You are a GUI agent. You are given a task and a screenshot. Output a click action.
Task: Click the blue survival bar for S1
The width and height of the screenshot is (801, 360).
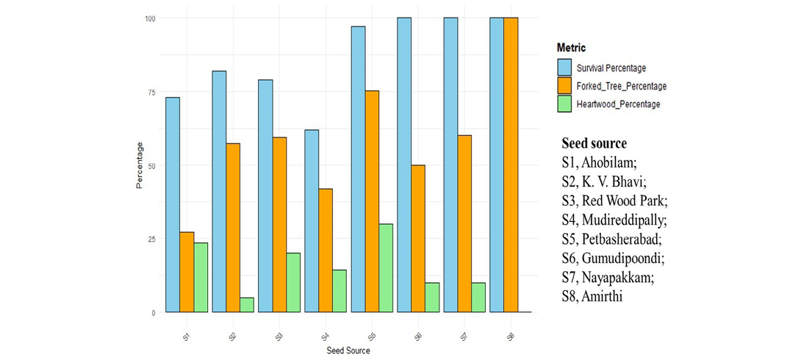click(x=173, y=205)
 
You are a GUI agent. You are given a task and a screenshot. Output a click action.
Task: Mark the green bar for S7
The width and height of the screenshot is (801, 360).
click(x=478, y=298)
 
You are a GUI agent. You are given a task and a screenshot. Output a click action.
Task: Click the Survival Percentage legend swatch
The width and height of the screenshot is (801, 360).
click(x=565, y=68)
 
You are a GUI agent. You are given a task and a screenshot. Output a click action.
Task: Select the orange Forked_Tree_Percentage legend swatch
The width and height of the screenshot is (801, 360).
click(x=565, y=86)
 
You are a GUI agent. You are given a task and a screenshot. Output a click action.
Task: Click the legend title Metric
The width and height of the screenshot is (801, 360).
click(x=572, y=48)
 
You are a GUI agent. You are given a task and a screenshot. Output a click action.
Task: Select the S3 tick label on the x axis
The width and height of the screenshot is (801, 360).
click(x=279, y=336)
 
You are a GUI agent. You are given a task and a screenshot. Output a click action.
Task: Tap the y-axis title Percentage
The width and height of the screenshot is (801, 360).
click(x=140, y=165)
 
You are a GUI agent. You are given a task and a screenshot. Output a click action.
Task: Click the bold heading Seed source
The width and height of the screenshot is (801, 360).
click(x=594, y=143)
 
